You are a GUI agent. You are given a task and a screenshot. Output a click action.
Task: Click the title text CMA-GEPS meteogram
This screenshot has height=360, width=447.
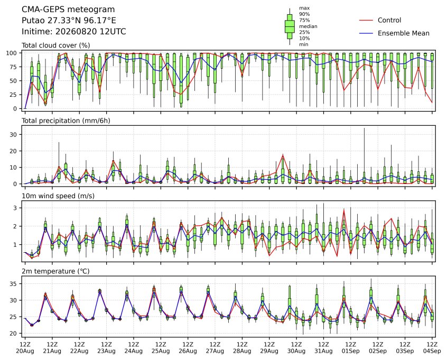point(68,10)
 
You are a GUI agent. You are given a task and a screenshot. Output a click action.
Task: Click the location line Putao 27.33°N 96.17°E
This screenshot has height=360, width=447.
point(69,21)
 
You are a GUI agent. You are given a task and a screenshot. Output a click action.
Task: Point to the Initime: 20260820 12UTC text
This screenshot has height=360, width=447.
point(73,31)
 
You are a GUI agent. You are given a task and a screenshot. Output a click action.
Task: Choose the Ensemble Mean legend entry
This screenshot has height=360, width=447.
point(394,33)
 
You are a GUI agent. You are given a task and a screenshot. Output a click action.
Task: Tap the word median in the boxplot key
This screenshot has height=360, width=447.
point(308,26)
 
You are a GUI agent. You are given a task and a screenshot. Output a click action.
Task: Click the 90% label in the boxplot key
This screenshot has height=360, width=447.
point(304,14)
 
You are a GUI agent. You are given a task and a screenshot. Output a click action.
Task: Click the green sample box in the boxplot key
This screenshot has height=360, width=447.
point(290,26)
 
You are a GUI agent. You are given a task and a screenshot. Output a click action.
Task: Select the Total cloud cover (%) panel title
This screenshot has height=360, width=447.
point(56,45)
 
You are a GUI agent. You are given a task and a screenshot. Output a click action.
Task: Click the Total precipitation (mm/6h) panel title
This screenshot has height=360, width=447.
point(66,121)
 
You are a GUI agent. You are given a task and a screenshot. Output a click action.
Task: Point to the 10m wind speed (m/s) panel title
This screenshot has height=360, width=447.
point(58,196)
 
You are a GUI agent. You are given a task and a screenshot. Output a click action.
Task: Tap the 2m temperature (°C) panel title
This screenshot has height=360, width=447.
point(55,271)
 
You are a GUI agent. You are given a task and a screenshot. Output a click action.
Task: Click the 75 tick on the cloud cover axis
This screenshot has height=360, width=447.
point(13,67)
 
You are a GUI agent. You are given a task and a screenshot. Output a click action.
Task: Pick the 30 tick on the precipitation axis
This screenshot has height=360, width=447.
point(13,134)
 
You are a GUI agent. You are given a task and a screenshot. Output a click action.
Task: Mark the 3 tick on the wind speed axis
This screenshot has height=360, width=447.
point(15,208)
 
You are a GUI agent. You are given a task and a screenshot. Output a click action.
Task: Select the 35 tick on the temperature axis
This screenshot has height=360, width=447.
point(13,284)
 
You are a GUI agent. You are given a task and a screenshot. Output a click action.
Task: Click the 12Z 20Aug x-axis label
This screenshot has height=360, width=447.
point(25,348)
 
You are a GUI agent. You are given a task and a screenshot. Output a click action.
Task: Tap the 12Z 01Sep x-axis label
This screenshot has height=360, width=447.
point(351,348)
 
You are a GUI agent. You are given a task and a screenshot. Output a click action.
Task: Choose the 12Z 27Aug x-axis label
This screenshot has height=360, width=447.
point(215,348)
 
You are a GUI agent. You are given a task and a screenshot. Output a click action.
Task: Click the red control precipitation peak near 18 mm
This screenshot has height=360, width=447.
point(283,155)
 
